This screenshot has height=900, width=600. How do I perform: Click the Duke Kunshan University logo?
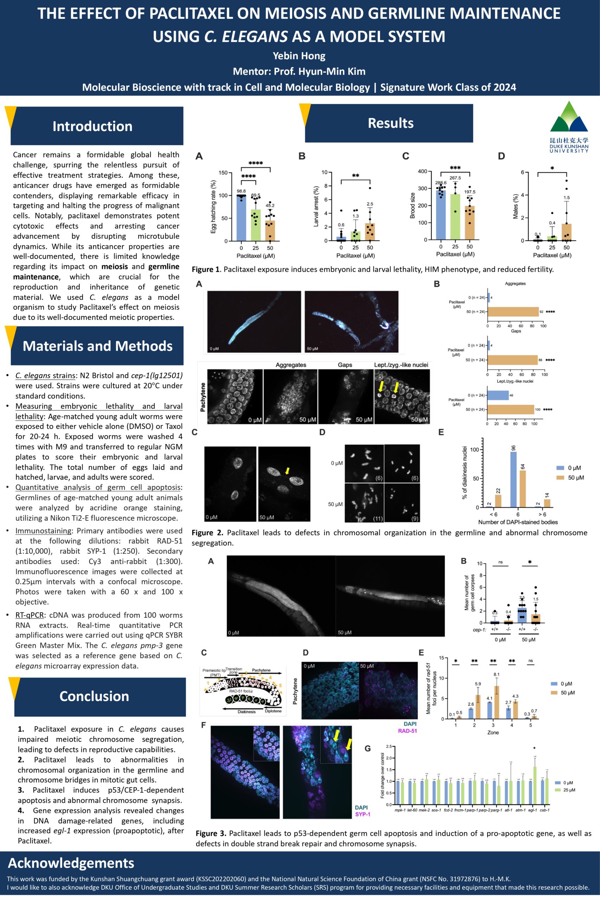[x=569, y=126]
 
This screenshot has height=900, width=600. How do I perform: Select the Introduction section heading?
[x=92, y=126]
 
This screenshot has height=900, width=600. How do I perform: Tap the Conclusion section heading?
[x=94, y=696]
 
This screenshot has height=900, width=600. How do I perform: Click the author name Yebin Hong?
[x=299, y=56]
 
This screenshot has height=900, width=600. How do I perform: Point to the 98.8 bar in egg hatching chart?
[x=241, y=218]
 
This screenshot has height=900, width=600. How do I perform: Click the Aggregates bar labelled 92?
[x=513, y=311]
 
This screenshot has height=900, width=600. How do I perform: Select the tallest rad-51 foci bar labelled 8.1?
[x=497, y=702]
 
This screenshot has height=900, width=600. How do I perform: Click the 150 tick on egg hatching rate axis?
[x=223, y=173]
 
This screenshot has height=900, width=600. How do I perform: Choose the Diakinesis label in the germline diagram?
[x=246, y=712]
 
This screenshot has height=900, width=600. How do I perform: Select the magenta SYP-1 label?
[x=362, y=814]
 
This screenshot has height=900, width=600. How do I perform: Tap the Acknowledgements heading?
[x=71, y=863]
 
